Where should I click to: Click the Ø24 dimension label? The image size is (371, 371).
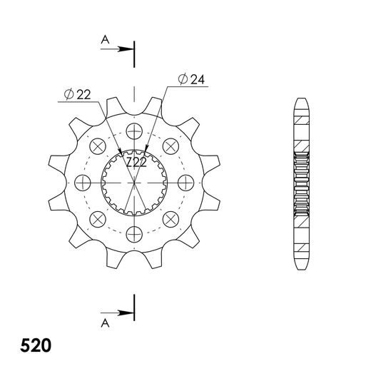(192, 79)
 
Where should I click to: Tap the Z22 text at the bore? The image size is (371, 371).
(136, 164)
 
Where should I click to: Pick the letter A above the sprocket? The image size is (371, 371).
(104, 42)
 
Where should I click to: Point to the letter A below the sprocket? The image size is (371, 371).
(104, 322)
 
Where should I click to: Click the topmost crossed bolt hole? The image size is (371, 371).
(133, 131)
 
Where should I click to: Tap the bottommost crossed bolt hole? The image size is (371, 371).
(133, 232)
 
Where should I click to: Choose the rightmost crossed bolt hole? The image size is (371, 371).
(184, 181)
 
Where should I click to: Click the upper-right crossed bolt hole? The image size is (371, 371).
(169, 146)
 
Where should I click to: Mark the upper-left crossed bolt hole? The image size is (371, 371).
(98, 146)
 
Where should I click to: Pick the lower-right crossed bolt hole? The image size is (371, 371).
(169, 217)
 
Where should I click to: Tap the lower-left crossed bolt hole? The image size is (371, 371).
(98, 217)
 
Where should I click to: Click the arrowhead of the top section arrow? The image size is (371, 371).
(131, 49)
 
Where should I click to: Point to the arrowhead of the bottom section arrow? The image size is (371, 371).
(131, 312)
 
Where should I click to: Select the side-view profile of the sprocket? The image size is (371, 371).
(300, 181)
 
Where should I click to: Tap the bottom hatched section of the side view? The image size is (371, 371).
(300, 250)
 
